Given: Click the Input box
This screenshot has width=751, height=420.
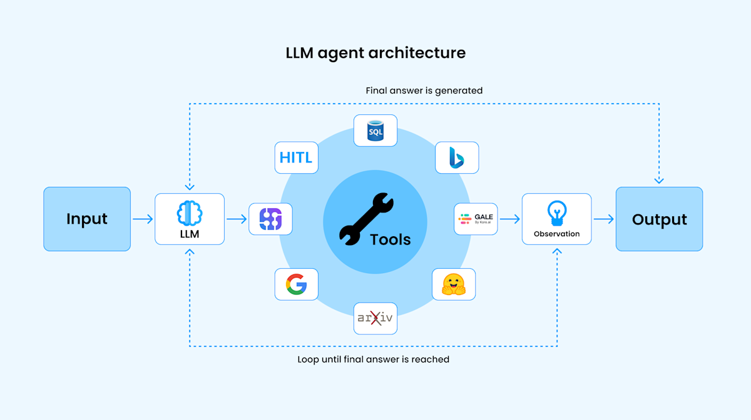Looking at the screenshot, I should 87,219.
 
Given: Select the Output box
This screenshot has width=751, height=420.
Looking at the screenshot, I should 659,219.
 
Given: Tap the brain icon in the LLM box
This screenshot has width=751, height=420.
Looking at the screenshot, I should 190,213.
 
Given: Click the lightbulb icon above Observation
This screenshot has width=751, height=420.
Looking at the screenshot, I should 556,213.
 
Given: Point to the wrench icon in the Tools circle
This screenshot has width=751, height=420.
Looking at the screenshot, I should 366,218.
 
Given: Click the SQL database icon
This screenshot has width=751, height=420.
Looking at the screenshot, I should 375,131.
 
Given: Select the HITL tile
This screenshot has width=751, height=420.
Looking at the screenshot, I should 297,157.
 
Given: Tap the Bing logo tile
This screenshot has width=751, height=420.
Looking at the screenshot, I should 456,157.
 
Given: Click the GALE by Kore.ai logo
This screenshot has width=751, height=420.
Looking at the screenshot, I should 476,219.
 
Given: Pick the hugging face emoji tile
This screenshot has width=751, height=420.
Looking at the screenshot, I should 454,284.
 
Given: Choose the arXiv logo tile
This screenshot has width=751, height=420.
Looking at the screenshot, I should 375,318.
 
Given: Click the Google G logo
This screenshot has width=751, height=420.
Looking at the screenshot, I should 297,284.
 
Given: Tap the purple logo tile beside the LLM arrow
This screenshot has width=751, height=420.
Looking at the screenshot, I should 270,219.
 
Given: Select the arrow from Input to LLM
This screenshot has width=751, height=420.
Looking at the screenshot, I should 143,219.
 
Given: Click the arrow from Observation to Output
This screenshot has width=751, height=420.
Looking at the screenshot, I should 603,219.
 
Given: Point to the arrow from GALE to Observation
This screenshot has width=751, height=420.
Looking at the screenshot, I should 510,219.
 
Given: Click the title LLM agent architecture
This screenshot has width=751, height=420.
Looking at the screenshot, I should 375,52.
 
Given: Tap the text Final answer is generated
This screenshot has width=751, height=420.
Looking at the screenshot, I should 424,91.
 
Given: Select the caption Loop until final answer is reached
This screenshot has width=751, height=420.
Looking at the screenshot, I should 373,359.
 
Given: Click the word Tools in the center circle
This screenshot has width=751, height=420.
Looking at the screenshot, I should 391,239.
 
